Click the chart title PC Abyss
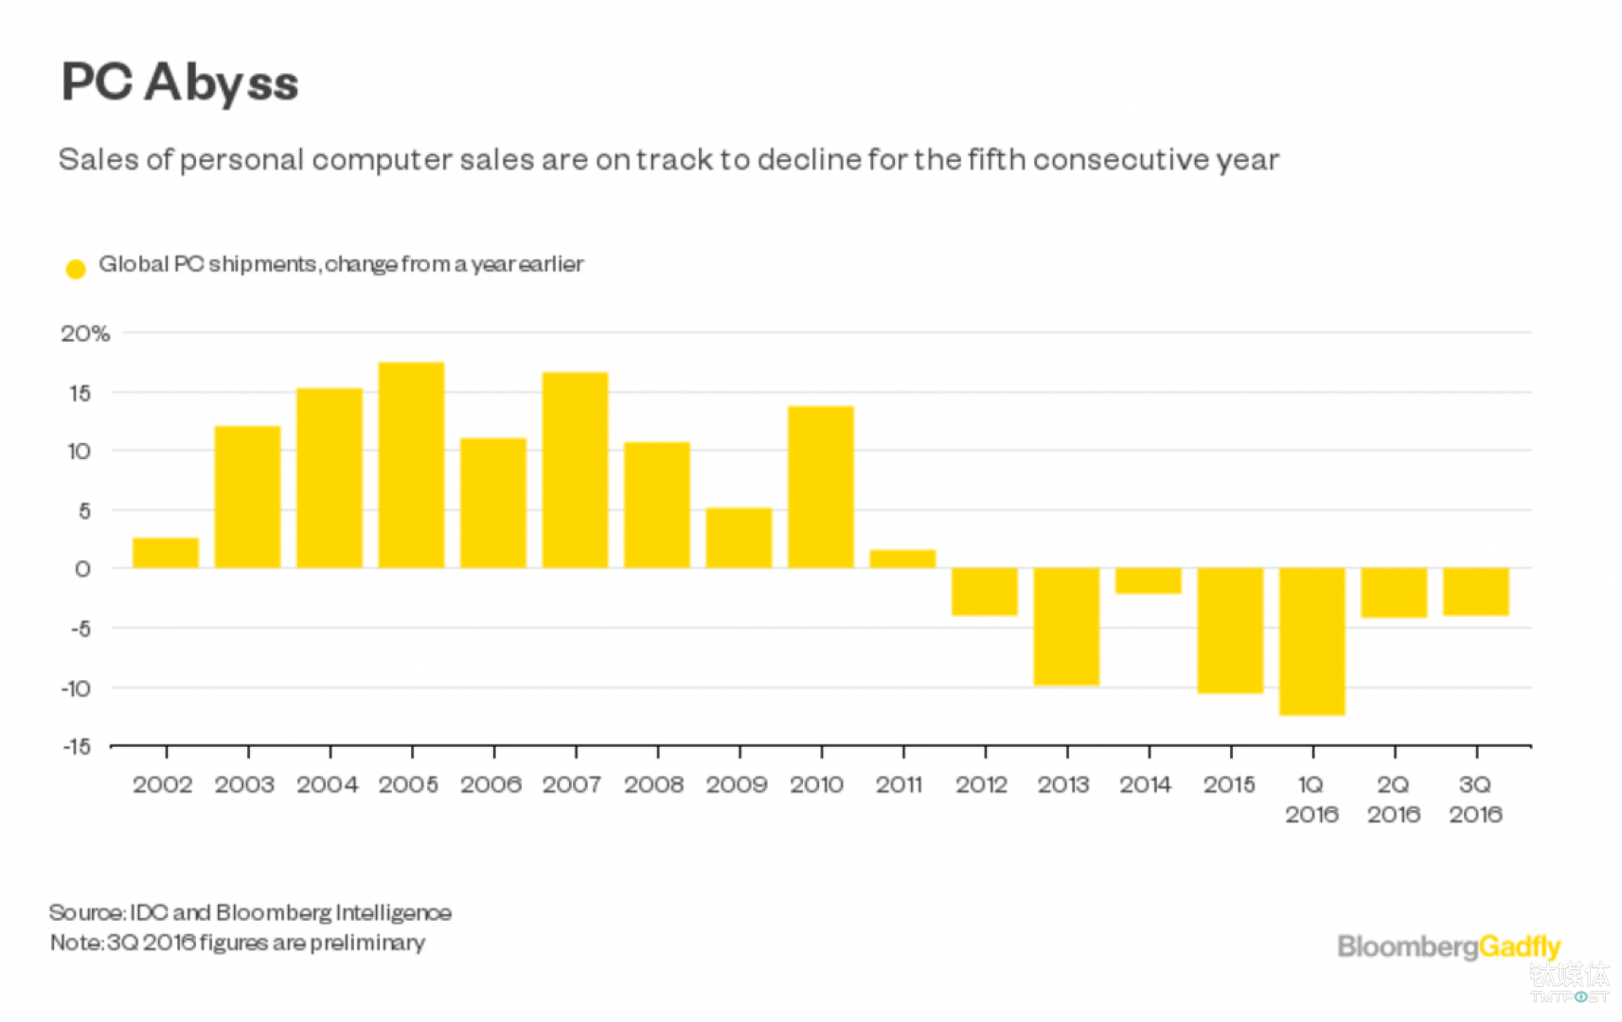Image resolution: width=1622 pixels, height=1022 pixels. tap(180, 83)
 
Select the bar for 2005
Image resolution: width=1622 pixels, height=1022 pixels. tap(411, 466)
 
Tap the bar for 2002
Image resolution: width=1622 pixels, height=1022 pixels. tap(166, 553)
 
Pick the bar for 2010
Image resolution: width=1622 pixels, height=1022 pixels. tap(820, 487)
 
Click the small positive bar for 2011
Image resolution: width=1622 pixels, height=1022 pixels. tap(902, 558)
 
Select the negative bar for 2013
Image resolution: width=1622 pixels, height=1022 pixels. tap(1066, 626)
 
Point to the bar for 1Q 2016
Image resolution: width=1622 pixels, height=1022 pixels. tap(1311, 641)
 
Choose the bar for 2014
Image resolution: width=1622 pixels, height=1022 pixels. tap(1148, 580)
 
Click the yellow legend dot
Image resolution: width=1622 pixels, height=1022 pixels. tap(76, 269)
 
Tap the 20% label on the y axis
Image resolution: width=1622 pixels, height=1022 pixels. tap(85, 334)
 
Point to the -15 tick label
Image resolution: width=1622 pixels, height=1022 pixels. tap(78, 747)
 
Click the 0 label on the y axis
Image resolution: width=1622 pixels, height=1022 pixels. tap(82, 570)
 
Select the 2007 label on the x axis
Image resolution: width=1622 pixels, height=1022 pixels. tap(572, 784)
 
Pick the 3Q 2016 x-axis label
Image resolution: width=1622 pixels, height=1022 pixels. tap(1475, 800)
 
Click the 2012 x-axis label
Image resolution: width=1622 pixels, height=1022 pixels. tap(981, 784)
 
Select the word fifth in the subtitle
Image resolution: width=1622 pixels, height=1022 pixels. tap(996, 159)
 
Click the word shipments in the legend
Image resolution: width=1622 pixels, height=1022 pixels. tap(262, 264)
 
